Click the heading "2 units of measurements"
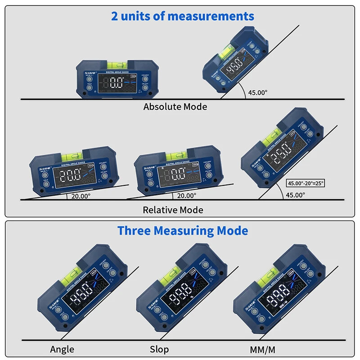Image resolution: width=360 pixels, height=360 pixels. [x=183, y=17]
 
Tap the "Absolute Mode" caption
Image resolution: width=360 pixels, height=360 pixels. [x=175, y=107]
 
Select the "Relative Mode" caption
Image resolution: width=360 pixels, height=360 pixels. [x=173, y=210]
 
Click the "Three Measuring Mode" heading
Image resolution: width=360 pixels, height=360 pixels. [x=183, y=231]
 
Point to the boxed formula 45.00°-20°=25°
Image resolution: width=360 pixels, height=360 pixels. [x=306, y=183]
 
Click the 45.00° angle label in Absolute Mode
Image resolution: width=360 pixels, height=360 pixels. [x=258, y=92]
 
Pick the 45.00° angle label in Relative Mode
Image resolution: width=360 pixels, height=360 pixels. [x=296, y=195]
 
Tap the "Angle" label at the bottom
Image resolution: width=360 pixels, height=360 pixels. [x=62, y=349]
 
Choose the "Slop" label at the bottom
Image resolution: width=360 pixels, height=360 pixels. [x=159, y=349]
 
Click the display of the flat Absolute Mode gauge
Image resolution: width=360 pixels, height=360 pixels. [x=118, y=83]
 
